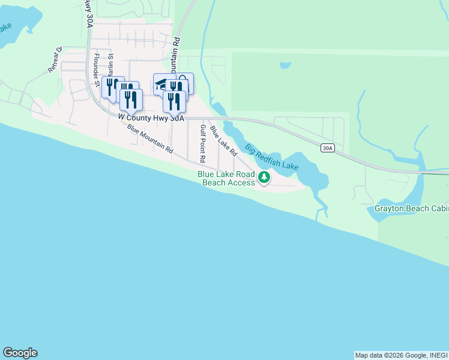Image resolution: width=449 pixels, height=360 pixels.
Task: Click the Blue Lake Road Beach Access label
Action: coord(225,178)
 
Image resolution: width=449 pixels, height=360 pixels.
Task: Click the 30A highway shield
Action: coord(327,148)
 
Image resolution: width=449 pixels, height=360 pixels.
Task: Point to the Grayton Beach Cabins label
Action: coord(411,208)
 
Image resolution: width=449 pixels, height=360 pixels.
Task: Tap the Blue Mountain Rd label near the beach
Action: coord(150,140)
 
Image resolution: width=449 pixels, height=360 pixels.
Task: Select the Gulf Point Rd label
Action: coord(203,144)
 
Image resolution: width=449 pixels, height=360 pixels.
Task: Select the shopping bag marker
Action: coord(185,83)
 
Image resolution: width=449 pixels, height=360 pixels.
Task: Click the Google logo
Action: coord(20,353)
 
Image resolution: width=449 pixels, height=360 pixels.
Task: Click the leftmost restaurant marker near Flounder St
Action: coord(110,88)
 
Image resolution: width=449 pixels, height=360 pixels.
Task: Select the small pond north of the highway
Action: coord(285,65)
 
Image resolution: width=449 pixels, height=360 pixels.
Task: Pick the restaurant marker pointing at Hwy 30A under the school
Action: coord(174,101)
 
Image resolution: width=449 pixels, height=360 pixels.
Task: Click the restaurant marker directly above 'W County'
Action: coord(131,100)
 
